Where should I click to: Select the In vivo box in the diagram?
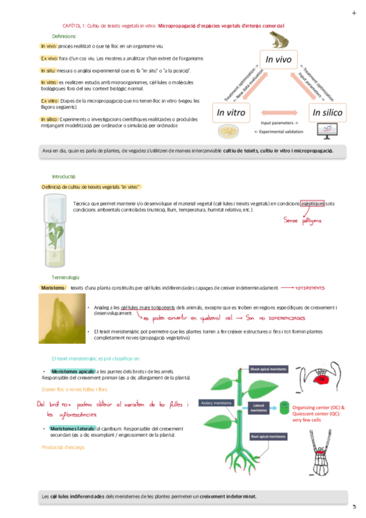[x=279, y=60]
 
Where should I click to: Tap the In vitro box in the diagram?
[x=230, y=112]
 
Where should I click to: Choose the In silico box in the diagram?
[x=328, y=112]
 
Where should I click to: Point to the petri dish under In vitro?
[x=228, y=131]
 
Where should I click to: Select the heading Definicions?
[x=64, y=37]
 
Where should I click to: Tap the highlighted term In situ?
[x=48, y=71]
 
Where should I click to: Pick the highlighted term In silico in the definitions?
[x=49, y=119]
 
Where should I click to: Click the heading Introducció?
[x=63, y=176]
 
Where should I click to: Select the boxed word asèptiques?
[x=312, y=203]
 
